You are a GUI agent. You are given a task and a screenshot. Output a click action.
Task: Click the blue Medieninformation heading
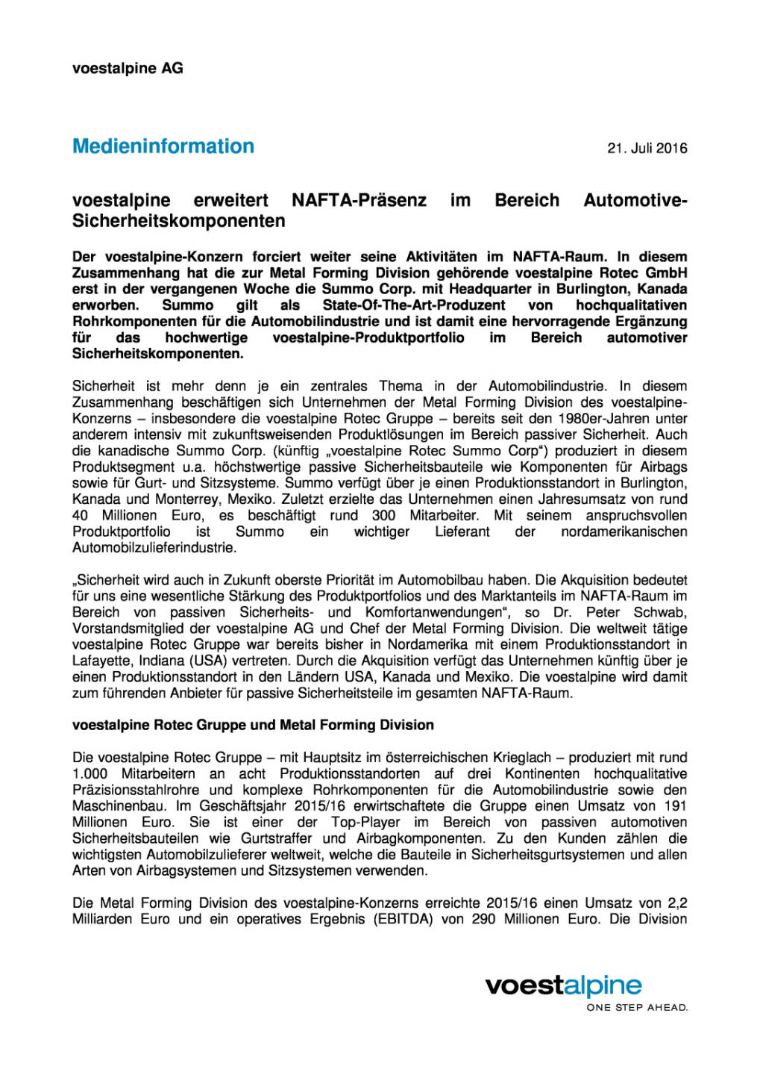(163, 146)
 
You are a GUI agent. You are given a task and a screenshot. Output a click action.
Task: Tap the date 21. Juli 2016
(647, 149)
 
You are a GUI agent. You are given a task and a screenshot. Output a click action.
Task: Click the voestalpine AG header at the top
(128, 68)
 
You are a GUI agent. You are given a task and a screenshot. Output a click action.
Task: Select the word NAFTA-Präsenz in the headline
(359, 200)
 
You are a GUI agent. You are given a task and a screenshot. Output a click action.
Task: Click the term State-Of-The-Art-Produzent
(413, 305)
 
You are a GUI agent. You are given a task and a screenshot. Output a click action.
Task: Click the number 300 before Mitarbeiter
(383, 516)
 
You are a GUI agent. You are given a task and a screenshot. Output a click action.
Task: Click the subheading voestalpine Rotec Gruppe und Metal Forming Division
(253, 725)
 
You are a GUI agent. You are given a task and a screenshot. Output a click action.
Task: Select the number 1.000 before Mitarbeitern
(89, 774)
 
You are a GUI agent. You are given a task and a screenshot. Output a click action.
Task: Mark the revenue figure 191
(674, 806)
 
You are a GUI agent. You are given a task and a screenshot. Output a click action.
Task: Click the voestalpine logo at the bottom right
(563, 985)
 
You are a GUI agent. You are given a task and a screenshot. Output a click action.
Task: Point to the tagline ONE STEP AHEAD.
(637, 1008)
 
